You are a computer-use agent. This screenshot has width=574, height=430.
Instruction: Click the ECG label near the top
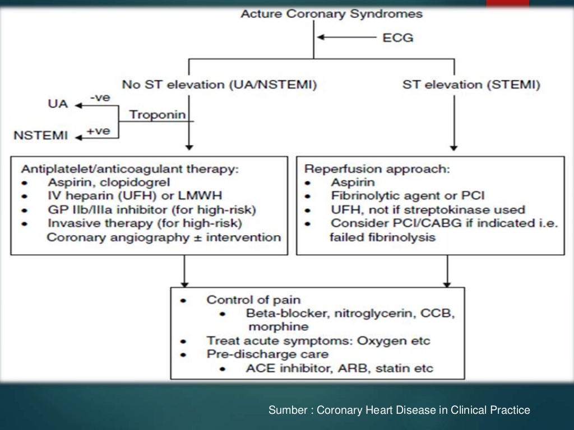click(399, 38)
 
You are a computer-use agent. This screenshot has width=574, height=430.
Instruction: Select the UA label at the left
click(58, 105)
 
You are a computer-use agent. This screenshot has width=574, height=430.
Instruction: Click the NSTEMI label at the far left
click(40, 135)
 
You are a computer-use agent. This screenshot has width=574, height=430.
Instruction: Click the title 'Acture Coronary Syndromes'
click(332, 13)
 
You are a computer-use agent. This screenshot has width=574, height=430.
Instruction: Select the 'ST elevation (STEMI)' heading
click(471, 85)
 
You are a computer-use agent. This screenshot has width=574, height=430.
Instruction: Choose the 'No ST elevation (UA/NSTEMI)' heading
click(219, 85)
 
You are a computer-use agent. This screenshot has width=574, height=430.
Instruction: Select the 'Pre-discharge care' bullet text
click(267, 354)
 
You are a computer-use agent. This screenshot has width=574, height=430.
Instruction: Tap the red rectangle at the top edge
click(507, 3)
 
